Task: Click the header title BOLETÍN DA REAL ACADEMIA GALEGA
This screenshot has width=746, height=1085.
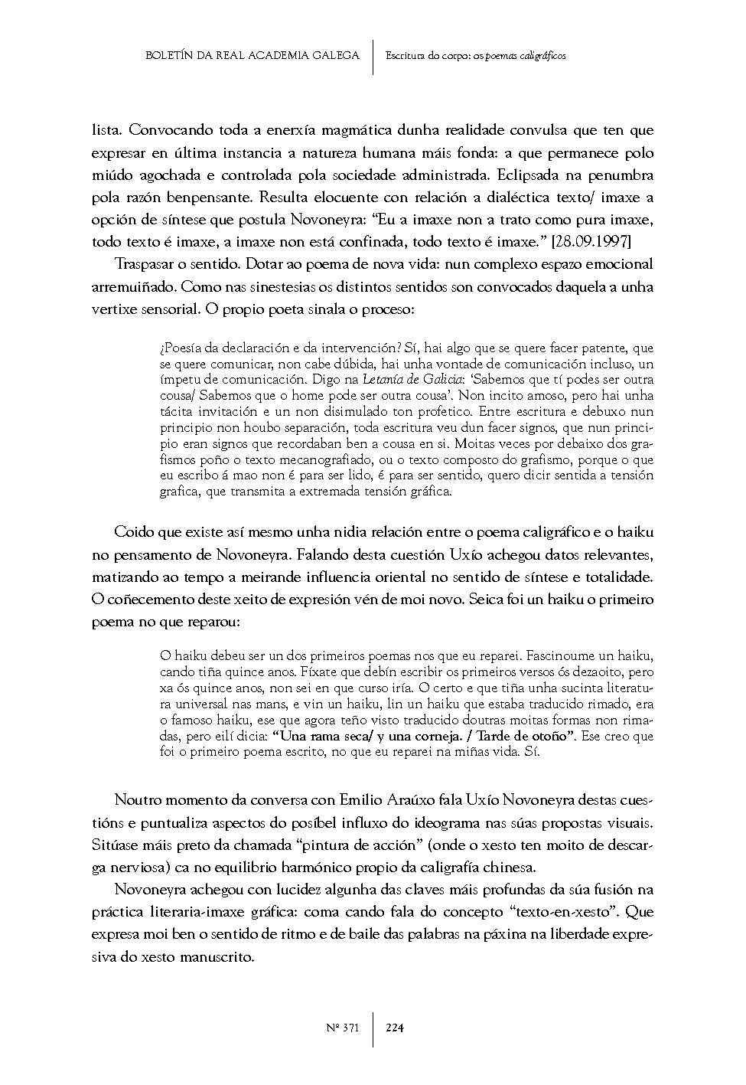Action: coord(252,56)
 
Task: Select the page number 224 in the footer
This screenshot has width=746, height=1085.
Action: coord(395,1028)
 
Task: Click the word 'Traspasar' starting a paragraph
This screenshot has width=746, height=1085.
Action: coord(143,265)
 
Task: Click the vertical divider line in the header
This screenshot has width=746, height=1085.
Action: coord(373,57)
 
